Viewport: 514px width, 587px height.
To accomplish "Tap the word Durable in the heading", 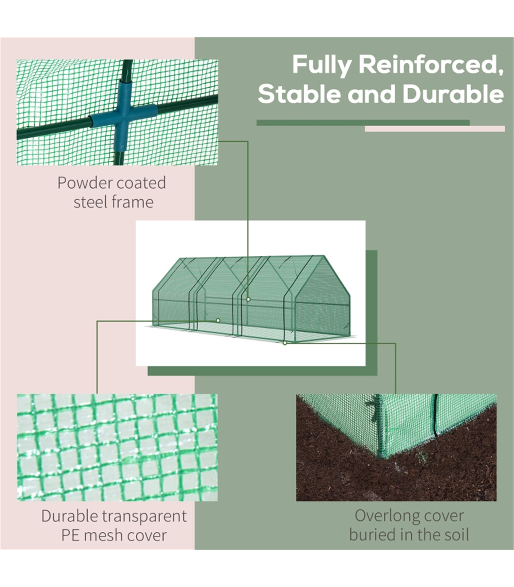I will (453, 94).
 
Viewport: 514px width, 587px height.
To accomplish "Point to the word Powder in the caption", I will (84, 183).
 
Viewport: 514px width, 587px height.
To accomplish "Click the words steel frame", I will (113, 202).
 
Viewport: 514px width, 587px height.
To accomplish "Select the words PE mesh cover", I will (114, 535).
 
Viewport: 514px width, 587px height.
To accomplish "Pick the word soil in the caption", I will (456, 535).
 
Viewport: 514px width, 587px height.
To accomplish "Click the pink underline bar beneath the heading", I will (434, 129).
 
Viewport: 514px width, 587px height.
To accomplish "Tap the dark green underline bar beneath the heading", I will (363, 123).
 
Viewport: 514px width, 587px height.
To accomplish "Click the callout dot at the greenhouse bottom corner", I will (284, 343).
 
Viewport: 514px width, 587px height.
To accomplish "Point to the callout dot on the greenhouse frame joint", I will (248, 299).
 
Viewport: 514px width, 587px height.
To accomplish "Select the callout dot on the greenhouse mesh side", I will (218, 320).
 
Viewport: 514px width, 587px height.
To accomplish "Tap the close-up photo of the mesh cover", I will (117, 447).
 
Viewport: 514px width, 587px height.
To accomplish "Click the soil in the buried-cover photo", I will (343, 471).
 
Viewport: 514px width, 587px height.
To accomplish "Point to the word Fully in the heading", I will (321, 65).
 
